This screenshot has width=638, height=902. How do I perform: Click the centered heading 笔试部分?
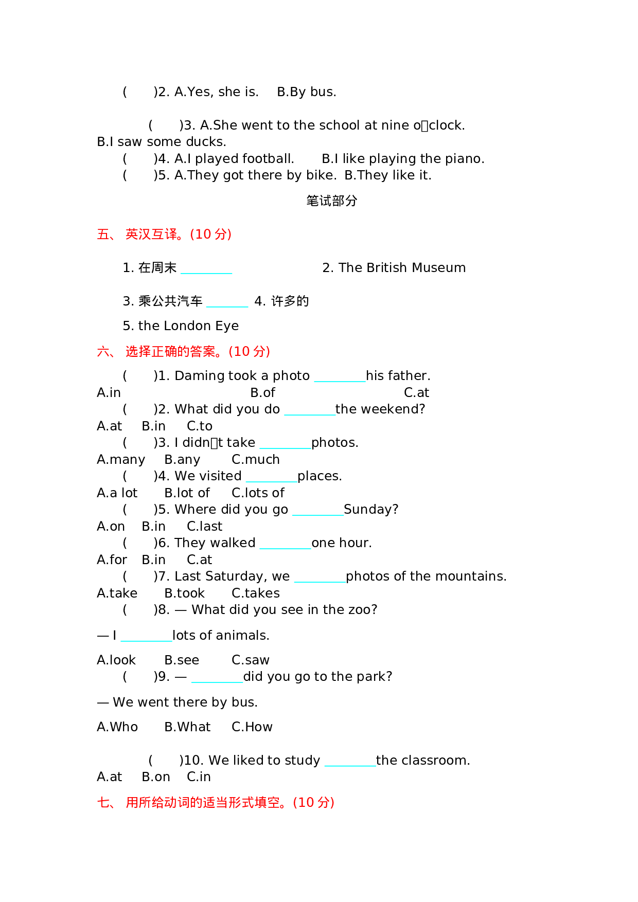coord(331,201)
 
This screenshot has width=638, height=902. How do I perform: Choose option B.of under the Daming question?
coord(262,393)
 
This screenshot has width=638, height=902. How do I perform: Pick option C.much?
coord(256,460)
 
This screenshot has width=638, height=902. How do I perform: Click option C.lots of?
coord(258,493)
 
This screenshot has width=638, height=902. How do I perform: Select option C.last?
coord(204,527)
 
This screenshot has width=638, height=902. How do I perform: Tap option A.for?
coord(112,560)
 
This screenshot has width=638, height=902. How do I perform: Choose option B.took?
coord(184,593)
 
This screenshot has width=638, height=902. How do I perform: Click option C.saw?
coord(251,660)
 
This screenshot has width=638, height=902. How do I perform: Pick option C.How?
coord(252,727)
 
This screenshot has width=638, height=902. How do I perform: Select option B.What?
coord(187,727)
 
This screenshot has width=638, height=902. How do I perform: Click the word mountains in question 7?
coord(475,576)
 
